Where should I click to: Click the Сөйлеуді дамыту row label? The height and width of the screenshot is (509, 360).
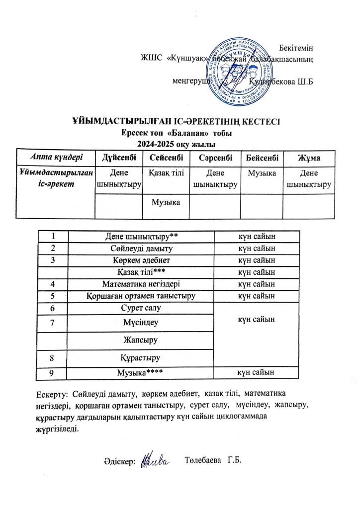[x=141, y=247]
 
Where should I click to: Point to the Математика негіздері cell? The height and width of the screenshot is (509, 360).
[x=141, y=284]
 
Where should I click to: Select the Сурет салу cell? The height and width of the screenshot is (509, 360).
[x=141, y=308]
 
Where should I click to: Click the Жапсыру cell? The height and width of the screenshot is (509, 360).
[x=141, y=340]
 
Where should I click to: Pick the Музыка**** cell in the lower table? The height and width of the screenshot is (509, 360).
[x=141, y=372]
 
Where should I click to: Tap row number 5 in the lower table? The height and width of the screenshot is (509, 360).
[x=51, y=296]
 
